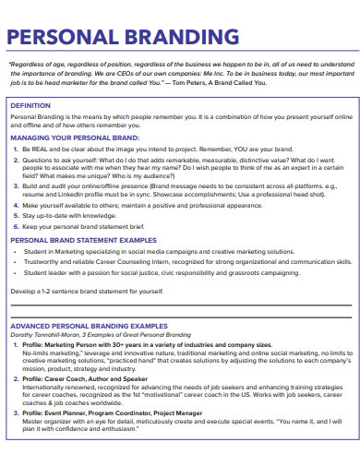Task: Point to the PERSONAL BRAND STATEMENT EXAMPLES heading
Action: pos(86,239)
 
